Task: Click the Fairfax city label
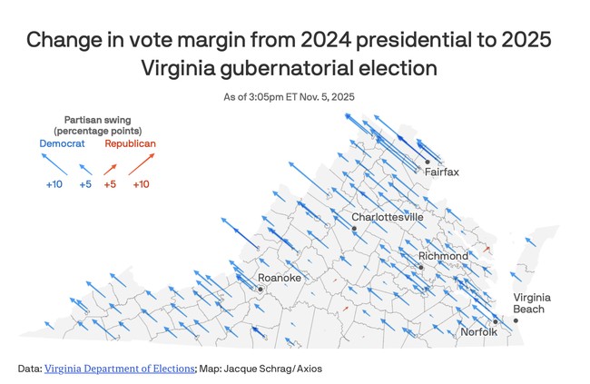click(442, 172)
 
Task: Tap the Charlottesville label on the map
click(388, 217)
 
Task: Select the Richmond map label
click(443, 256)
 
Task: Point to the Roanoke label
click(279, 277)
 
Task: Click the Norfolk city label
click(479, 331)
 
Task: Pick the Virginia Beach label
click(531, 303)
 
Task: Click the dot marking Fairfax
click(428, 162)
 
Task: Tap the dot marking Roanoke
click(261, 289)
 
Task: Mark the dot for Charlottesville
click(355, 229)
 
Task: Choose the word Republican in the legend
click(130, 144)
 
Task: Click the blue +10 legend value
click(54, 185)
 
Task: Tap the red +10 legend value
click(141, 185)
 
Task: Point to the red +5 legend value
click(110, 185)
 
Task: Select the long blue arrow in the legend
click(54, 163)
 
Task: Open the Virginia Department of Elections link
click(119, 369)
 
